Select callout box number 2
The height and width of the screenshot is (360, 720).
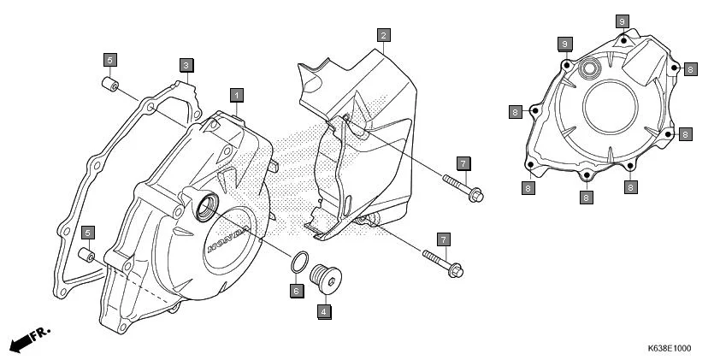pos(384,35)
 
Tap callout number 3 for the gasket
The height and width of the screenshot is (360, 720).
pos(186,65)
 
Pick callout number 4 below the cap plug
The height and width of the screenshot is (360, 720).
pos(324,311)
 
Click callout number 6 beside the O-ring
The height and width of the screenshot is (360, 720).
pos(296,291)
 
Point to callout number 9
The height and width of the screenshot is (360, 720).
pos(564,43)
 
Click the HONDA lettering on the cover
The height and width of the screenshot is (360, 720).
pos(228,239)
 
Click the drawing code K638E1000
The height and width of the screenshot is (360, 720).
pos(669,349)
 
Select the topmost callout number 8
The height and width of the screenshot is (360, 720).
pos(623,21)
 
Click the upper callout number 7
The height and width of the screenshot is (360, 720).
pos(463,162)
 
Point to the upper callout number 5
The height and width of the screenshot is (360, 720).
pos(110,60)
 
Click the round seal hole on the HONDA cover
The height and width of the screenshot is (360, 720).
pos(206,206)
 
